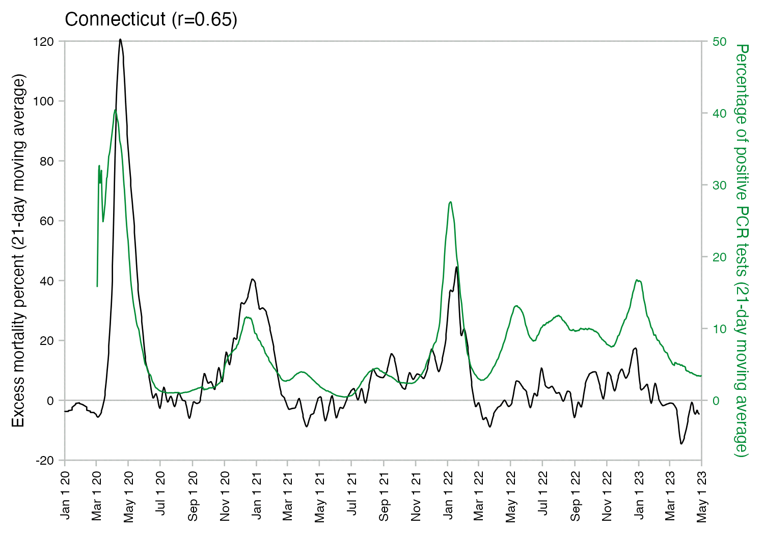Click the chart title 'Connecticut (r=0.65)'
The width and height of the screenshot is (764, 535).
[x=151, y=19]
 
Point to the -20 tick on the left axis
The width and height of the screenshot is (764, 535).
[x=44, y=460]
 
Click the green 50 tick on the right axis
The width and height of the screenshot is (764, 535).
[x=719, y=41]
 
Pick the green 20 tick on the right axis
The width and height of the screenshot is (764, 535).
[x=719, y=257]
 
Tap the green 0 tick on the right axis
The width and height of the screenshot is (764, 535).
[x=716, y=400]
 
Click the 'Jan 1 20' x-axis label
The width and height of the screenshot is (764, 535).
[x=65, y=495]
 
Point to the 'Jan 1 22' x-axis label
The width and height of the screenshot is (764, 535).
[x=448, y=495]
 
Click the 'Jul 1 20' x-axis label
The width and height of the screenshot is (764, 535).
[x=161, y=495]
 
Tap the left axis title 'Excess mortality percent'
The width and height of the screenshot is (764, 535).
[x=18, y=251]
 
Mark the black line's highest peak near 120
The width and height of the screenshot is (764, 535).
[x=120, y=39]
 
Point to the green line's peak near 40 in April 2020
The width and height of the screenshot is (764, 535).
[x=116, y=110]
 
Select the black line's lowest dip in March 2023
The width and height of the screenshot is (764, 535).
[x=681, y=443]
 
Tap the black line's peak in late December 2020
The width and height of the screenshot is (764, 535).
[x=253, y=279]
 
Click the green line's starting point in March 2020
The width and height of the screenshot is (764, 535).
[x=97, y=286]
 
